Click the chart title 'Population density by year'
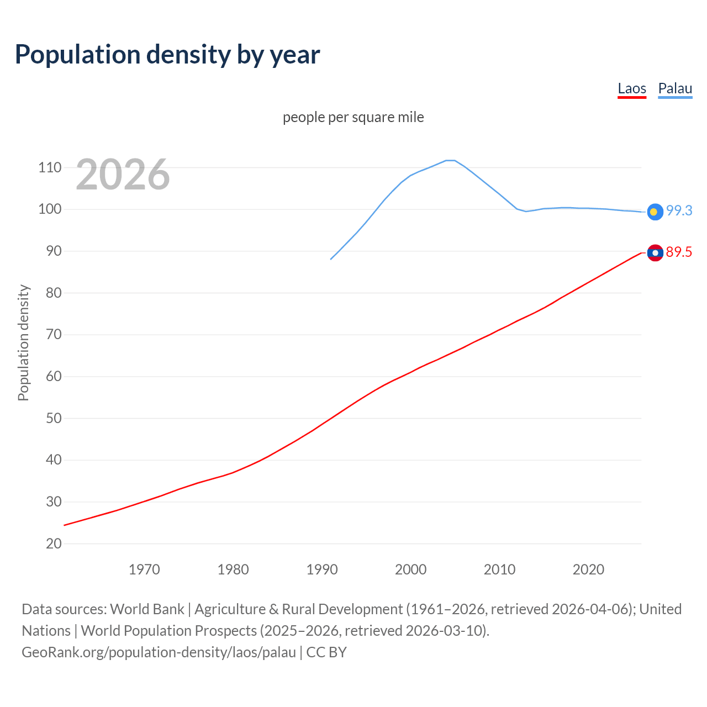[167, 54]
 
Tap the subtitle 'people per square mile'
[353, 117]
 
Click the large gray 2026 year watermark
[123, 175]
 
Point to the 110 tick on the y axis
[50, 167]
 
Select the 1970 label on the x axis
[144, 569]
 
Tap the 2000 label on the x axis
[410, 569]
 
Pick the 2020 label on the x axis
[588, 569]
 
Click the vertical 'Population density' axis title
[23, 342]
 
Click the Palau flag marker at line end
[655, 212]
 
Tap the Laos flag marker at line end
[655, 253]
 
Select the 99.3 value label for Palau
[679, 210]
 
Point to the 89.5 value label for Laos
[679, 252]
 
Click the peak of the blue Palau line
[450, 160]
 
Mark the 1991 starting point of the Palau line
[331, 259]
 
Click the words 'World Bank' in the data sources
[147, 609]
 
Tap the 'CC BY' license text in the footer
[326, 652]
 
